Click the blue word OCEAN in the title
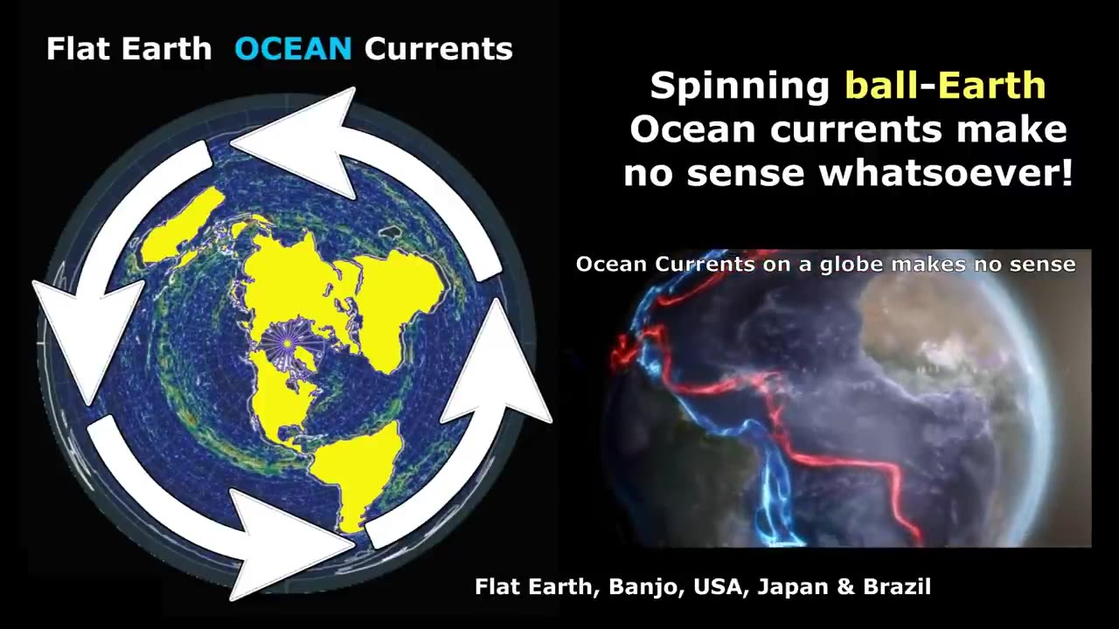coord(293,49)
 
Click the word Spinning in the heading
coord(740,86)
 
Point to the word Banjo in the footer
coord(643,586)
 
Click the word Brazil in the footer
coord(897,586)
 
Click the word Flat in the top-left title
coord(79,49)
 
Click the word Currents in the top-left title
coord(439,49)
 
